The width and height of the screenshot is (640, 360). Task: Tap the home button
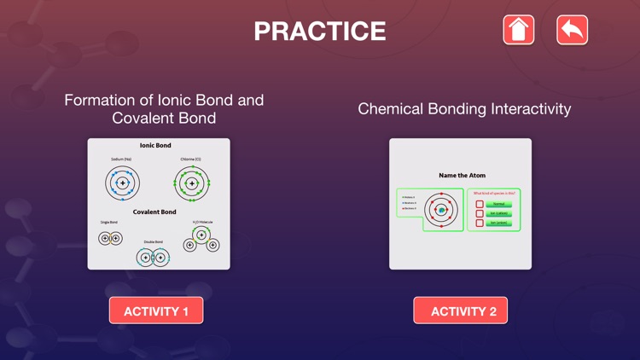pos(518,30)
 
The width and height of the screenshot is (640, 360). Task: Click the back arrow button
pos(572,30)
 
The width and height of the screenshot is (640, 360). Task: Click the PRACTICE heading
pos(320,32)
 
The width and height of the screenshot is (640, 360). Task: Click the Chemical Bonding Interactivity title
pos(464,108)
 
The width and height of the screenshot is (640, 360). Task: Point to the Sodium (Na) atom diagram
pos(123,183)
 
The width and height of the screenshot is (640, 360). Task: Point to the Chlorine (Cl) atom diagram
pos(192,183)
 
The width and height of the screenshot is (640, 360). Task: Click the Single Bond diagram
pos(110,238)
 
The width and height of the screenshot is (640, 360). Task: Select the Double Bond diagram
pos(153,257)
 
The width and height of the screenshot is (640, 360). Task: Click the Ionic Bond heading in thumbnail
pos(155,146)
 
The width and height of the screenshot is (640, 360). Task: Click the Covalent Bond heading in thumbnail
pos(155,212)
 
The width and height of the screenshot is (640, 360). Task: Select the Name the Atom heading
pos(462,175)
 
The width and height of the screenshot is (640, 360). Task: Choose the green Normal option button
pos(499,204)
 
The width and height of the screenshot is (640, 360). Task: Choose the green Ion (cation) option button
pos(499,213)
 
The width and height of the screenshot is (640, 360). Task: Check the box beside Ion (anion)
pos(480,223)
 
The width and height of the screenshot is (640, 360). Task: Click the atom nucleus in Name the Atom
pos(441,210)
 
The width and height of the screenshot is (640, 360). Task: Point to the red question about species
pos(494,194)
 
